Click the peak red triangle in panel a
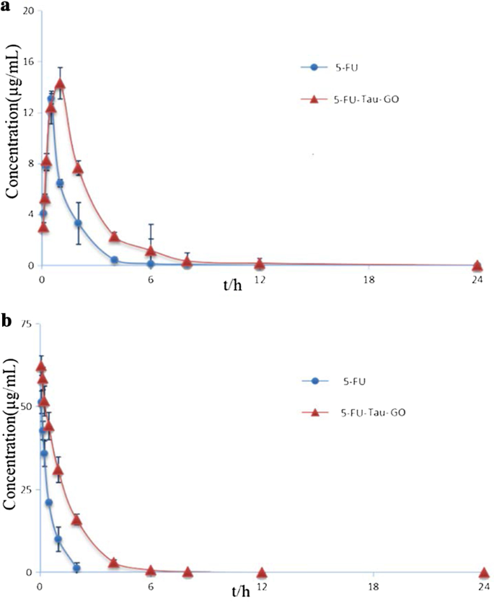(x=60, y=83)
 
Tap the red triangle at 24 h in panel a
(x=477, y=265)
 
